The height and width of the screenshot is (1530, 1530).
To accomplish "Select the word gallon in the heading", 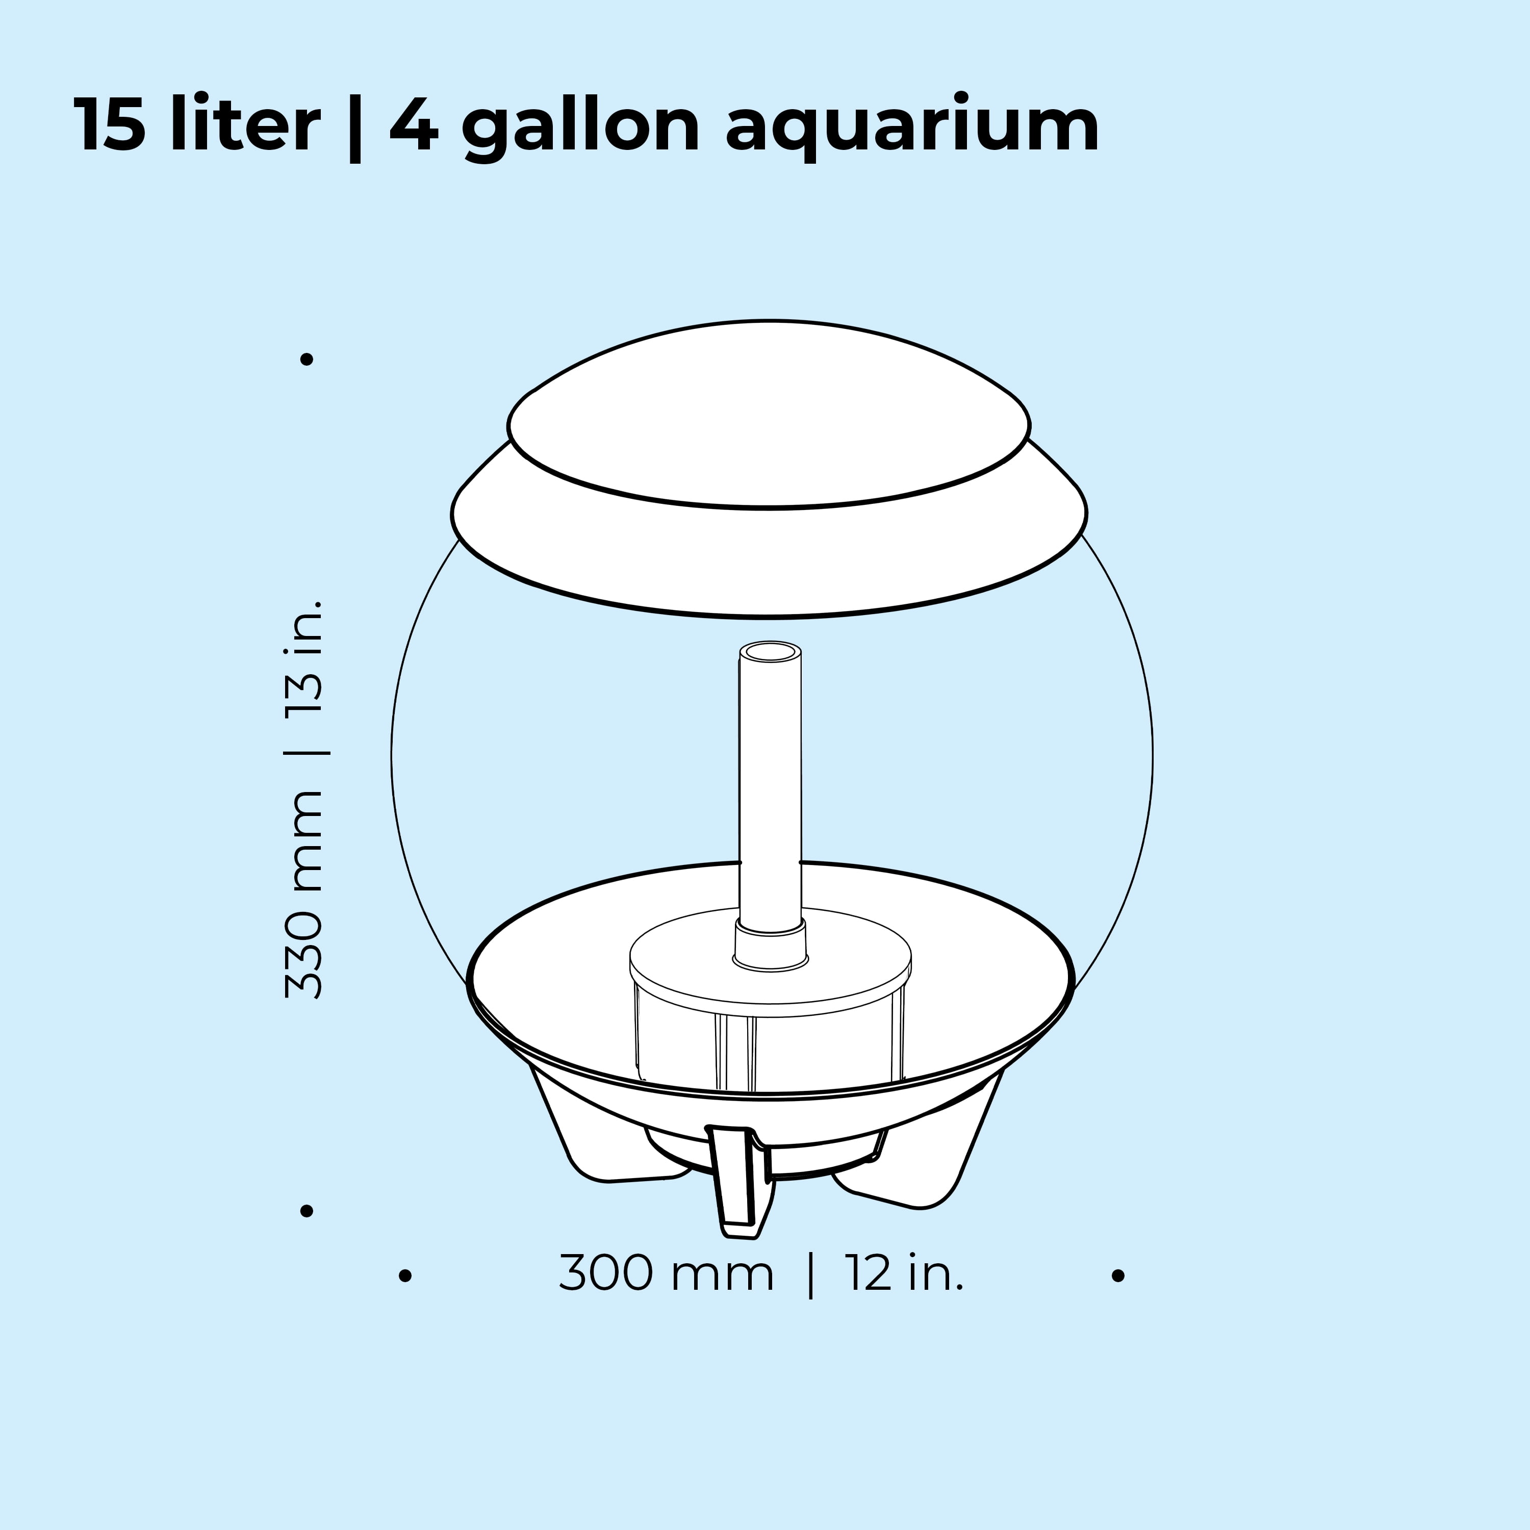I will point(580,126).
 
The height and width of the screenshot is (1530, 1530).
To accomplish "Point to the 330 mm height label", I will point(304,895).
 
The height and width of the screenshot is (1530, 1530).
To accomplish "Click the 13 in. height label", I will point(304,657).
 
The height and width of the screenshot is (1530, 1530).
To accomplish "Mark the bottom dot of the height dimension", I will point(307,1211).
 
